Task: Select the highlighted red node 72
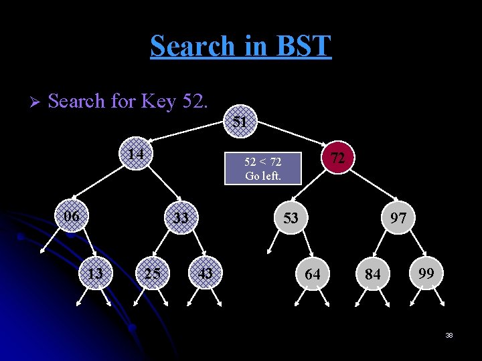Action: [339, 158]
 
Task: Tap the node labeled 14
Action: [137, 154]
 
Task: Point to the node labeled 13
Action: [96, 273]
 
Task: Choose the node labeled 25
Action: [152, 273]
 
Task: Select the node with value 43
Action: [206, 273]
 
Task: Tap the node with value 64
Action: [313, 274]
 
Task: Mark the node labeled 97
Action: [398, 218]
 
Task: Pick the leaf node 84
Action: [373, 274]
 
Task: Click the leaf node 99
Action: [426, 273]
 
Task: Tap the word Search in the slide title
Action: [193, 46]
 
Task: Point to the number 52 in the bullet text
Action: [195, 102]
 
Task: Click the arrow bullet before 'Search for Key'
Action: [37, 102]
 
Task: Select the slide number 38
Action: [449, 335]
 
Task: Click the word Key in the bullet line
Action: [158, 102]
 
